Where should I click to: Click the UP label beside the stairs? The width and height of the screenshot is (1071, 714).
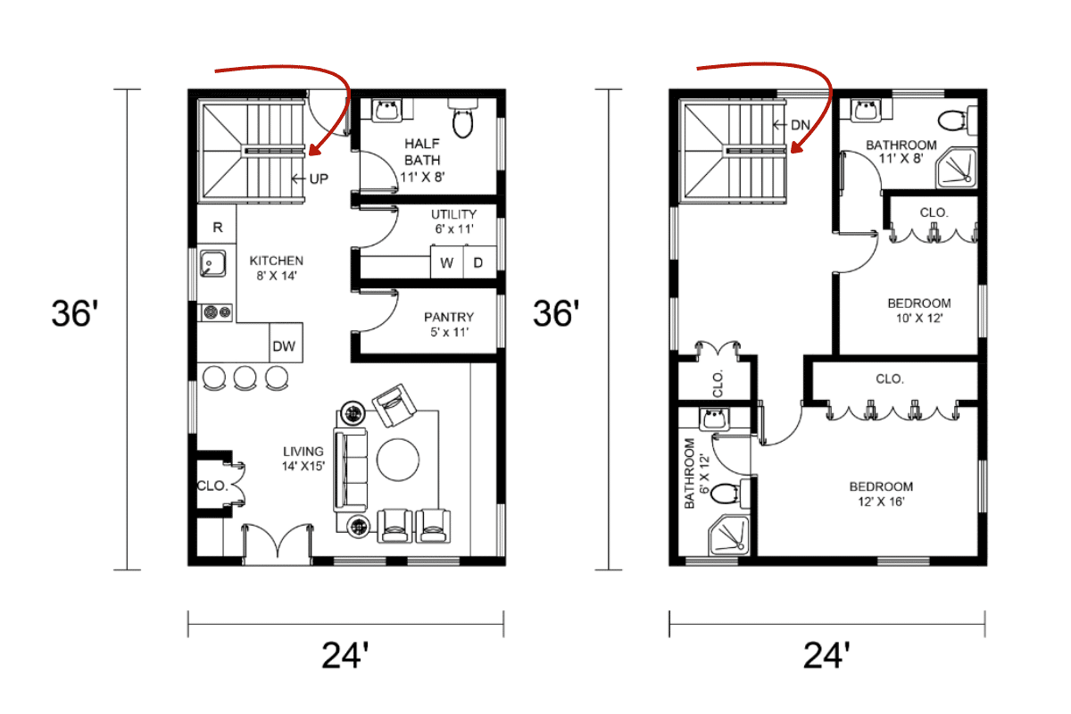(x=319, y=179)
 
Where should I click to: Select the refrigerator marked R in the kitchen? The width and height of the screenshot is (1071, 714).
(x=217, y=228)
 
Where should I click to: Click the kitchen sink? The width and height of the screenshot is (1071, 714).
(x=212, y=264)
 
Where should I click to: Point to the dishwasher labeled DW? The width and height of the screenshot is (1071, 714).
(x=284, y=346)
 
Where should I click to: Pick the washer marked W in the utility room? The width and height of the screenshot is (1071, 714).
(x=447, y=262)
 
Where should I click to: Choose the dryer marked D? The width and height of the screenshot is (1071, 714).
(x=478, y=262)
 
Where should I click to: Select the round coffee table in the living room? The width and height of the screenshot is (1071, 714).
(x=398, y=460)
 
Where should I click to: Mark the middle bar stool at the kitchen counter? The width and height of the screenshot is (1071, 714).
(x=245, y=378)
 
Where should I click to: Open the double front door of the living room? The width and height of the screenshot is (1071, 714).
(x=278, y=543)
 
